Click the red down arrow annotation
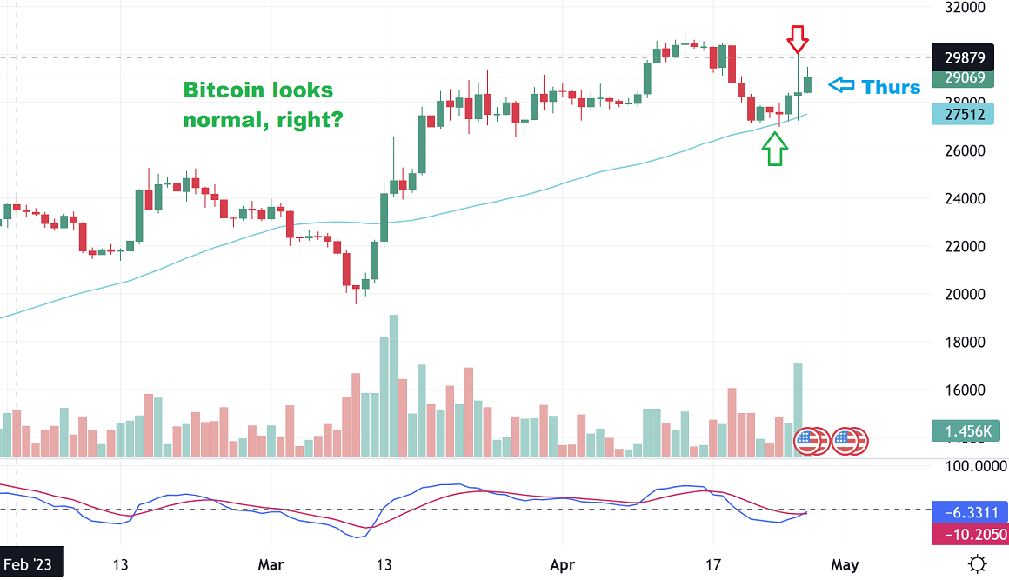pyautogui.click(x=798, y=38)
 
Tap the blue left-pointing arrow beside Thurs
pyautogui.click(x=840, y=85)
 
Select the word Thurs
pyautogui.click(x=891, y=86)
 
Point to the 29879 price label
pyautogui.click(x=963, y=58)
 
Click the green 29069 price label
pyautogui.click(x=963, y=78)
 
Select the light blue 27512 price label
pyautogui.click(x=963, y=114)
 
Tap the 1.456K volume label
pyautogui.click(x=963, y=430)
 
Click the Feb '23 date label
pyautogui.click(x=28, y=563)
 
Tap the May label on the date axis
pyautogui.click(x=844, y=563)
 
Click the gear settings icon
pyautogui.click(x=978, y=563)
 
